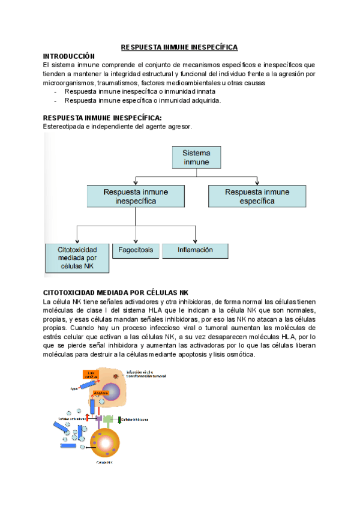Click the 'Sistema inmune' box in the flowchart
[x=197, y=157]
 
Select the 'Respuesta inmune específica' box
[x=257, y=197]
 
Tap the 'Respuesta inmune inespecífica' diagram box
[x=136, y=197]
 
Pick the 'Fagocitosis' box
[x=136, y=250]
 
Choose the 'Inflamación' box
[x=195, y=250]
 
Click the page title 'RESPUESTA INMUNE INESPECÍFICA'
[x=179, y=47]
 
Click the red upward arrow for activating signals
[x=87, y=417]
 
